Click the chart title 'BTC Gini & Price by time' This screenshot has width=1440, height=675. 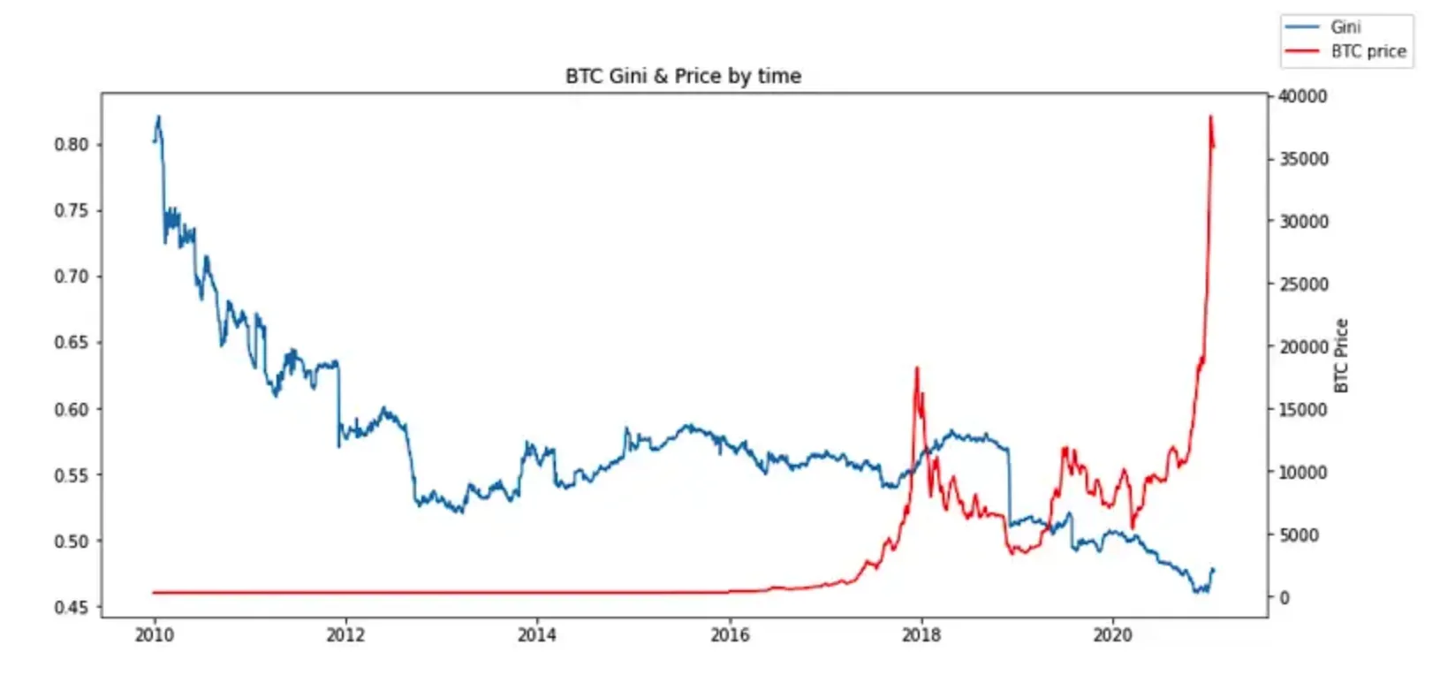[683, 76]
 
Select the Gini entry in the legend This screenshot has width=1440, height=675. [1345, 27]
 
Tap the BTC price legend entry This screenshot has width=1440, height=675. [1368, 51]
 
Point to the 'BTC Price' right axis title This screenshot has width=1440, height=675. [1341, 355]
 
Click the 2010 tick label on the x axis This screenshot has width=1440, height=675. [154, 635]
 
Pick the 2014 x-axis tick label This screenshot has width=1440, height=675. [537, 635]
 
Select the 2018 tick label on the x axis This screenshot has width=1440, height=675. [921, 635]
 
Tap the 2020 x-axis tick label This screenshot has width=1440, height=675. [1112, 635]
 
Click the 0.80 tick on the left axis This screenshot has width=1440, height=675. [72, 144]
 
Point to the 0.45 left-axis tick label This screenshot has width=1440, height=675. [72, 607]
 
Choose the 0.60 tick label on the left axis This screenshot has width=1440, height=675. [72, 409]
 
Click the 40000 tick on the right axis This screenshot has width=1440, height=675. [1303, 96]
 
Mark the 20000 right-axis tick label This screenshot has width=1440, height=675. [1303, 347]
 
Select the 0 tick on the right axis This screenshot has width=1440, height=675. [1285, 598]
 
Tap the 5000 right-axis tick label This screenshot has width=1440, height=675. [1300, 535]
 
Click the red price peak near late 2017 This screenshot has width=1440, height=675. [917, 368]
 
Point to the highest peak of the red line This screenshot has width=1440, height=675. [1210, 117]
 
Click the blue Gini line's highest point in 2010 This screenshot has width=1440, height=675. [159, 117]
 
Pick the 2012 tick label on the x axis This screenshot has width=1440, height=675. [345, 635]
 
